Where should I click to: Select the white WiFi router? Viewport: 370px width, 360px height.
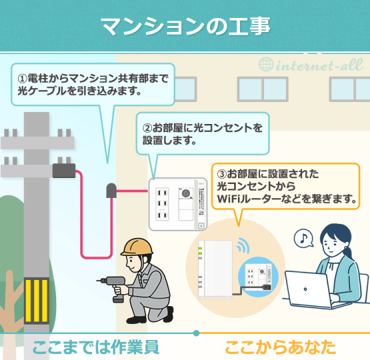[215, 266]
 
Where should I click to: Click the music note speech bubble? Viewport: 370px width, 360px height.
[305, 238]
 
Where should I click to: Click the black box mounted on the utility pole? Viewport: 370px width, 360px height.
[64, 171]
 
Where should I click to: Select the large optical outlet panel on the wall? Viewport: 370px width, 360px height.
[177, 204]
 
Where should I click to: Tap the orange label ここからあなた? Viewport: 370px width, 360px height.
[280, 347]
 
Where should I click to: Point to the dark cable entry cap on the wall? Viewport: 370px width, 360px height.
[111, 191]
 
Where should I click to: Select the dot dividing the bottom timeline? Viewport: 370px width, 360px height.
[196, 332]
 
